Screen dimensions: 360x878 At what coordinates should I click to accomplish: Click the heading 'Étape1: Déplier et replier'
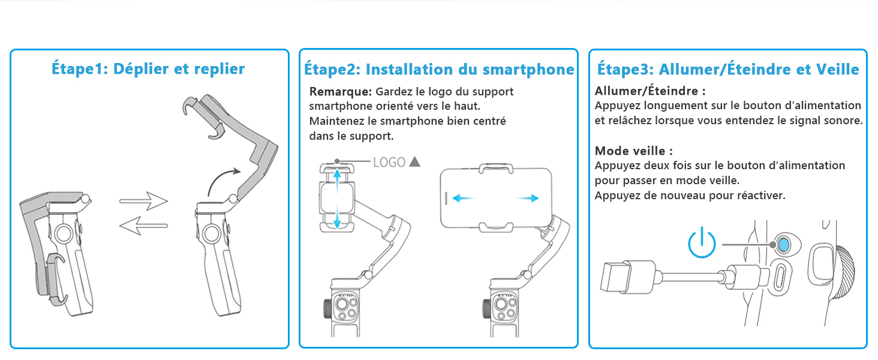[148, 69]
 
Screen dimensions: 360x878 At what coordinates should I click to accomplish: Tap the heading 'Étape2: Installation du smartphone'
[439, 70]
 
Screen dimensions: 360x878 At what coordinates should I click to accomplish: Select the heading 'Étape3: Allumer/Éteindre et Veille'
[728, 70]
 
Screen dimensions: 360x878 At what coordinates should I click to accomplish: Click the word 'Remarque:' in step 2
[340, 92]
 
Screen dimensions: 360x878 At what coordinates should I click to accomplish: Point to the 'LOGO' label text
[389, 162]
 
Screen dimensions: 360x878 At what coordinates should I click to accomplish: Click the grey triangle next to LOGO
[414, 162]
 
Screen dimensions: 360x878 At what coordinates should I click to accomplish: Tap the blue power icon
[702, 244]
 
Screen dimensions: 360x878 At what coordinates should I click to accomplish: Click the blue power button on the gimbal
[783, 244]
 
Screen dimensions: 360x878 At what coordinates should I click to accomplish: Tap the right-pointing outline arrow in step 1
[143, 201]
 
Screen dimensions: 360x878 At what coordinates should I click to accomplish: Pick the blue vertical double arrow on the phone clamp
[337, 199]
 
